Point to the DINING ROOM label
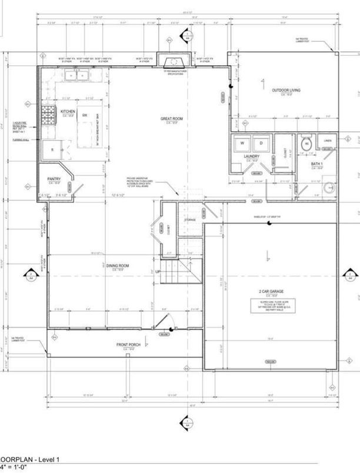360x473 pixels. (118, 266)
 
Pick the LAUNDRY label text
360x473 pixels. (252, 156)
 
